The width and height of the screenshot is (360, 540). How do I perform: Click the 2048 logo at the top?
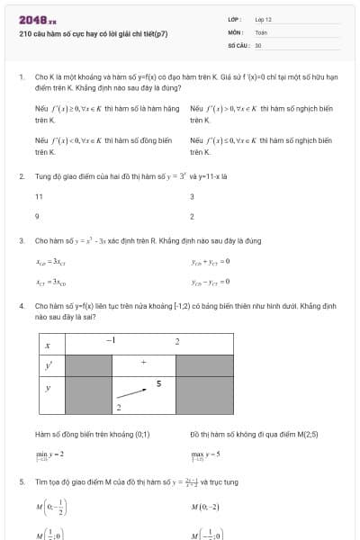(37, 20)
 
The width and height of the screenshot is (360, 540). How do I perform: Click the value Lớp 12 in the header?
(263, 19)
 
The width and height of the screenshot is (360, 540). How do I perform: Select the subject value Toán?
(261, 31)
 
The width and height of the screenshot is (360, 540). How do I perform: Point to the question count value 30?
(258, 44)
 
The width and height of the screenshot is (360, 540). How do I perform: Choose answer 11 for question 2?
(39, 196)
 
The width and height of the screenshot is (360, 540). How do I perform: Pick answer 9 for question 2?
(37, 216)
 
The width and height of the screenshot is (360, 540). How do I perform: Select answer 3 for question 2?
(192, 196)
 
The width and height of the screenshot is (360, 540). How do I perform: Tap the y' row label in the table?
(48, 364)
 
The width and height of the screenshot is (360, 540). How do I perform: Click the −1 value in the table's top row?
(111, 340)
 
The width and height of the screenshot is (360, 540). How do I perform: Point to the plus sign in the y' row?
(143, 363)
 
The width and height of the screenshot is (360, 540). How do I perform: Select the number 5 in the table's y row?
(158, 384)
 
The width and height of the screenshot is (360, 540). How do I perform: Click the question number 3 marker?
(21, 241)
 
